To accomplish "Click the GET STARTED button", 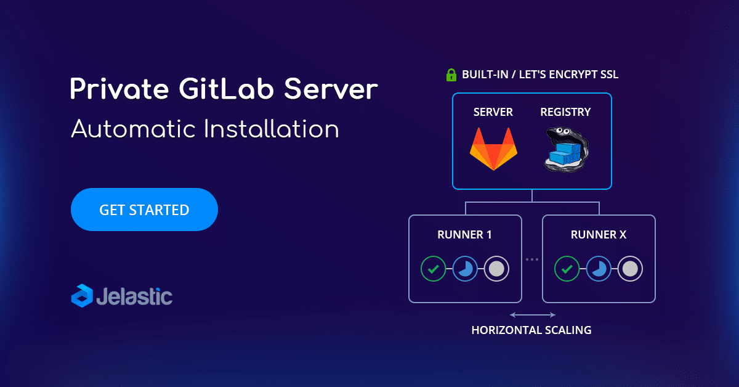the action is [144, 210].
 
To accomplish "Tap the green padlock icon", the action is [451, 75].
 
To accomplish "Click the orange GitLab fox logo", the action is [493, 149].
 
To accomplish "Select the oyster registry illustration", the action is [566, 150].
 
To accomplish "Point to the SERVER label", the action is [493, 112].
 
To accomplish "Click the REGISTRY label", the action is [565, 112].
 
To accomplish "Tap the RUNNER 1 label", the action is [464, 235].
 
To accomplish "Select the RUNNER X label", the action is [599, 235].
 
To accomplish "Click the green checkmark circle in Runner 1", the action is [433, 269].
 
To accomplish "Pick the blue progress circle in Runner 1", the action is [465, 269].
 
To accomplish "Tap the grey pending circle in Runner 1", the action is [496, 269].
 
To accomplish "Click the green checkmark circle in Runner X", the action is [567, 269].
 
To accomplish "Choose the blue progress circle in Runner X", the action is [599, 269].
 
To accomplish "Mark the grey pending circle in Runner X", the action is [630, 269].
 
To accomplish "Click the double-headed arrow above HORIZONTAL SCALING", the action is [533, 315].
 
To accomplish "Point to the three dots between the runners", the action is [532, 259].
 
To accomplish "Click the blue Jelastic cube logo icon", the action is [82, 296].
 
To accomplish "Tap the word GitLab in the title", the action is [227, 89].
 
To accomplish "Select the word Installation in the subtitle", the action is [271, 129].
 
